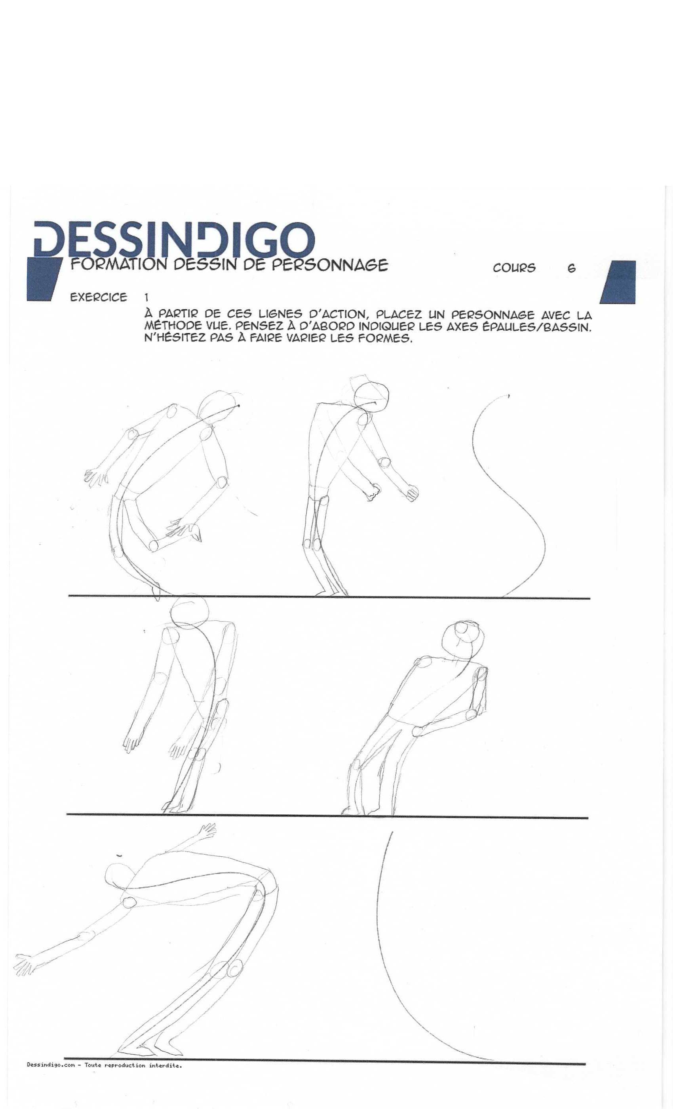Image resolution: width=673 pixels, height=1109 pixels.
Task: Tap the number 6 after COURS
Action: [571, 268]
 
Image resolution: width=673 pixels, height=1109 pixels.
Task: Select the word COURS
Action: [514, 268]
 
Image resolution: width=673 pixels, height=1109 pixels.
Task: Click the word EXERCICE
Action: [99, 297]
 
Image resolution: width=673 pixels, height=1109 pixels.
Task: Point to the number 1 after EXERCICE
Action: [146, 297]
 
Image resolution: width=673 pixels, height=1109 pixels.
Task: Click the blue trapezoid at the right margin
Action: [618, 282]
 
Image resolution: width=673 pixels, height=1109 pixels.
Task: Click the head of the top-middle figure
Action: [371, 396]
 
